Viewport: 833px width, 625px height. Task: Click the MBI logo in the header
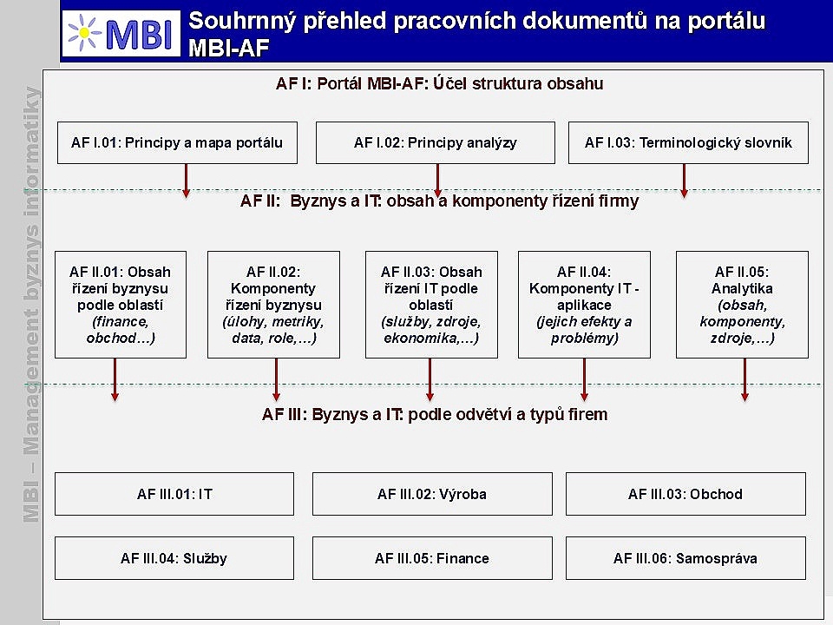121,33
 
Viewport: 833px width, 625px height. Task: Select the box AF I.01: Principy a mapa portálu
177,142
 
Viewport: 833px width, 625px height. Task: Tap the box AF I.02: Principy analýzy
435,142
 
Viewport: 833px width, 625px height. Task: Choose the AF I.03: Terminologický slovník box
688,142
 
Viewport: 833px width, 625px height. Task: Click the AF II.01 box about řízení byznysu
121,305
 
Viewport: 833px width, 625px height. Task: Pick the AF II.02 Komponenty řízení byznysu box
273,305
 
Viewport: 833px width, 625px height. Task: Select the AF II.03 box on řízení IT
431,305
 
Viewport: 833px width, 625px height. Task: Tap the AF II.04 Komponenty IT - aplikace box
584,305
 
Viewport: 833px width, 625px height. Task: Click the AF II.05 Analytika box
742,305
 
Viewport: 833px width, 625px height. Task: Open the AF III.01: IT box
174,494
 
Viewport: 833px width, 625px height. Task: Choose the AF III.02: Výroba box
432,494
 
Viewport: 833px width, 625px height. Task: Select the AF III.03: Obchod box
685,494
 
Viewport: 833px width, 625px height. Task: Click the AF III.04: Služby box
174,558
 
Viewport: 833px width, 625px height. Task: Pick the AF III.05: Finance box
432,558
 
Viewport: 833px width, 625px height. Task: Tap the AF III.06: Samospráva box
685,558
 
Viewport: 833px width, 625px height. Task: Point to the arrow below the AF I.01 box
186,181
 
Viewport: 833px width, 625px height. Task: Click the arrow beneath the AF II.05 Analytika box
744,379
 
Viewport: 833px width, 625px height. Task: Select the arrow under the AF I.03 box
685,181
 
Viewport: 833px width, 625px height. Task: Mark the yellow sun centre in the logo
84,33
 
